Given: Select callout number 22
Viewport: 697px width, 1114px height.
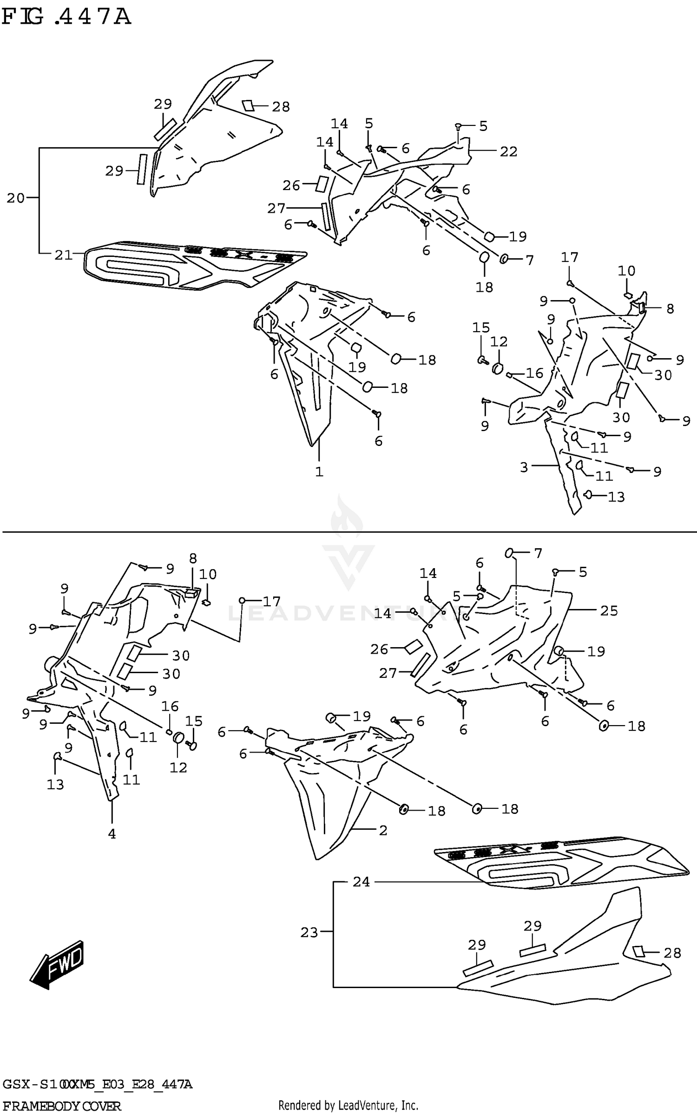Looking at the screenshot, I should point(508,151).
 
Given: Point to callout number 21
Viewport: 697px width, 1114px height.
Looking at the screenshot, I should point(64,255).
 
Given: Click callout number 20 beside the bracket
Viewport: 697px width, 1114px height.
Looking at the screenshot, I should point(15,198).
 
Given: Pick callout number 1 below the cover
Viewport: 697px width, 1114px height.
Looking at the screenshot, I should point(319,472).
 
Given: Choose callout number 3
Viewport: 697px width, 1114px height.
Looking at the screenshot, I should point(524,467).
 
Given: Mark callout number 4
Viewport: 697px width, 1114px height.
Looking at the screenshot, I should point(112,834).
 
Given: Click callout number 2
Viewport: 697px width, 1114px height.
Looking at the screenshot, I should point(383,830).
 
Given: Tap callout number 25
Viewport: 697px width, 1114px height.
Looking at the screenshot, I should point(609,610).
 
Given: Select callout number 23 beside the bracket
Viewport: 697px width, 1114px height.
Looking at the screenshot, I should point(309,932).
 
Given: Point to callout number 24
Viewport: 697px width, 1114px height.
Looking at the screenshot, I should point(361,882).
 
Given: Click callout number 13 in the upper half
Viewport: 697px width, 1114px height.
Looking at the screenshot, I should point(616,497).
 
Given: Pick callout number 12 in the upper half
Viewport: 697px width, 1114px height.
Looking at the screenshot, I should point(499,342).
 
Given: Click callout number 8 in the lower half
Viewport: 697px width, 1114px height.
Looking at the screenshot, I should point(193,558).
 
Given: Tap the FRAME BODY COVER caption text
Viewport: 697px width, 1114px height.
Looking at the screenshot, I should point(62,1106).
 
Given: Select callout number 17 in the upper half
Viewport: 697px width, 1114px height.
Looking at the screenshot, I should point(570,257).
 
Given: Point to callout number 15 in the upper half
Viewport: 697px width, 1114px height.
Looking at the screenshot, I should point(481,328).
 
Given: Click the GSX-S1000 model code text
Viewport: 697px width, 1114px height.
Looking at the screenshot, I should point(97,1085).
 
